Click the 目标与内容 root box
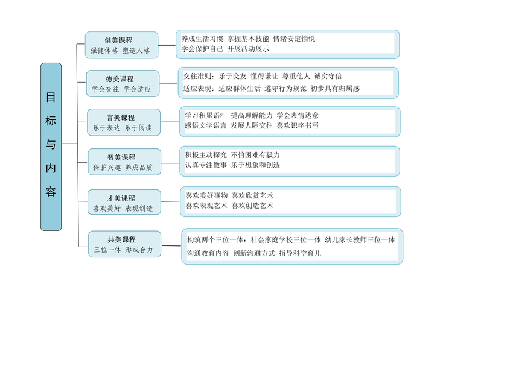click(51, 147)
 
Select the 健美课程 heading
click(118, 40)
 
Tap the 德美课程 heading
click(119, 79)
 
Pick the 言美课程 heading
click(121, 118)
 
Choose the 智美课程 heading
click(121, 157)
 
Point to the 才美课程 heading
click(121, 198)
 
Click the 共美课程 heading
click(121, 239)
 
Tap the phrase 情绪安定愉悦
click(294, 39)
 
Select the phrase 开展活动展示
click(248, 49)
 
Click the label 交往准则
click(197, 76)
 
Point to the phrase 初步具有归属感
click(335, 88)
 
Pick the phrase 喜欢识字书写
click(298, 125)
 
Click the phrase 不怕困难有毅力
click(255, 155)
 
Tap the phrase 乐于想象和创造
click(255, 165)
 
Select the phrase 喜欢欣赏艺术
click(252, 195)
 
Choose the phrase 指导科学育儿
click(300, 253)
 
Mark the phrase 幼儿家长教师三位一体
click(360, 240)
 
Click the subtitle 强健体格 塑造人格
click(120, 51)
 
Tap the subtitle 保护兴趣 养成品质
click(123, 168)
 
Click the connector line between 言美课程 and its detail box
click(170, 121)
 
